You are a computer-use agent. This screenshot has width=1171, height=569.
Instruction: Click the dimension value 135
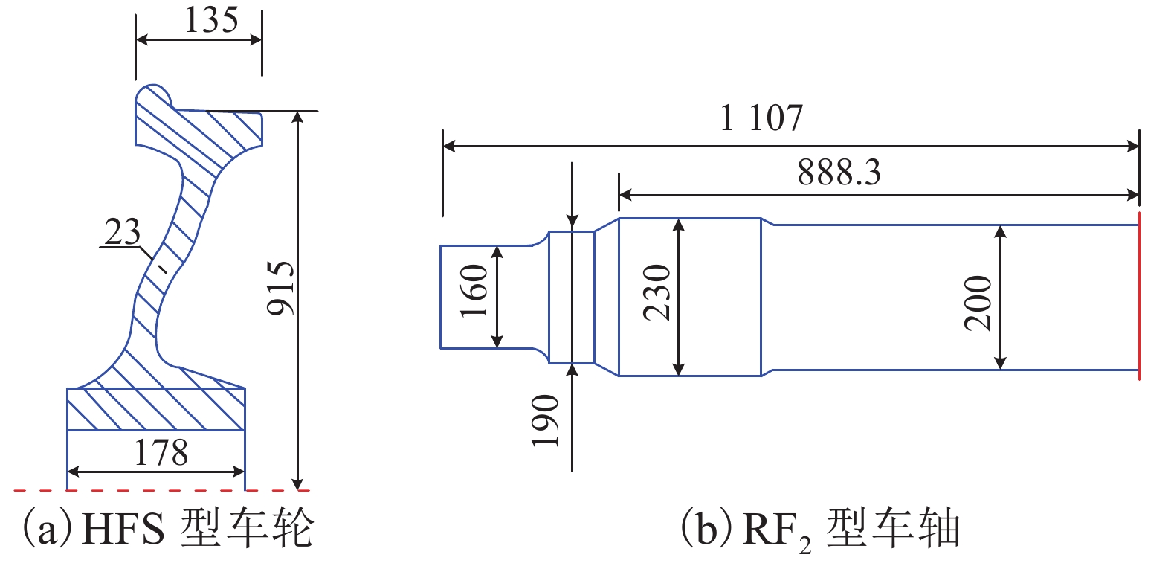tap(211, 20)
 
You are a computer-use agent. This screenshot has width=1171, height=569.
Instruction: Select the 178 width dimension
tap(161, 452)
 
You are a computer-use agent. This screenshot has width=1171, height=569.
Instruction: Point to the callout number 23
tap(123, 232)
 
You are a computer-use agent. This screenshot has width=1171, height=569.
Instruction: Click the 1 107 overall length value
tap(762, 118)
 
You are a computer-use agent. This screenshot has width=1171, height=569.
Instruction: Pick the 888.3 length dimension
tap(839, 173)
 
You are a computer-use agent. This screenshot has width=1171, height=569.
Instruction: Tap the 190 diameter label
tap(545, 420)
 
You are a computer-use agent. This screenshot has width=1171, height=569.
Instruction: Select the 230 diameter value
tap(657, 292)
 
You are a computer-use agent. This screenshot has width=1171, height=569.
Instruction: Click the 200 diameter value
tap(978, 302)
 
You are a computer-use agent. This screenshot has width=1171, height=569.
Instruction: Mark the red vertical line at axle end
tap(1139, 298)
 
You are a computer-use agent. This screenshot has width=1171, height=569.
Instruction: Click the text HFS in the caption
tap(122, 528)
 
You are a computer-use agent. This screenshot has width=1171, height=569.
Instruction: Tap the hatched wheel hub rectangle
tap(156, 409)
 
